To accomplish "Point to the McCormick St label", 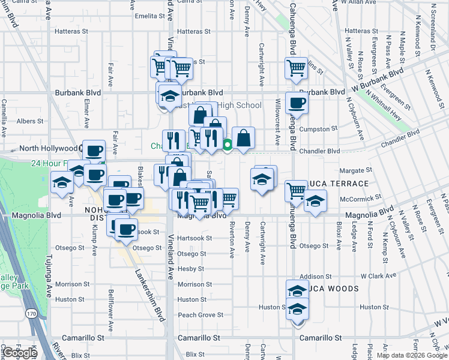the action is pyautogui.click(x=357, y=197).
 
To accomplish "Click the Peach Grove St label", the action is pyautogui.click(x=200, y=314).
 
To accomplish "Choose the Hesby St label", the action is pyautogui.click(x=191, y=269).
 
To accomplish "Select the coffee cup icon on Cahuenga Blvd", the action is pyautogui.click(x=297, y=103).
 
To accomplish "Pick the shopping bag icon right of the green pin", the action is pyautogui.click(x=243, y=138).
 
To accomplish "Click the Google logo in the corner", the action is pyautogui.click(x=20, y=353).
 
